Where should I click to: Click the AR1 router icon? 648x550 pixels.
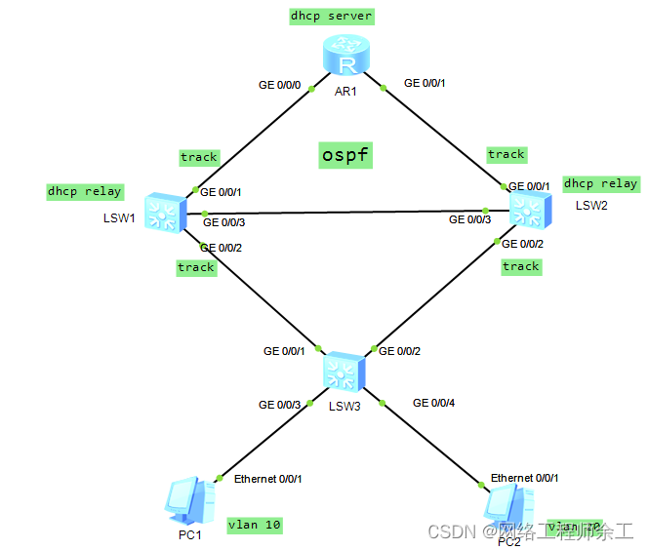tap(345, 61)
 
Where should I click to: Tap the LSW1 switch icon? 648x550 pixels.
tap(159, 212)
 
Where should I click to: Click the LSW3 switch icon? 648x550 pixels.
tap(344, 372)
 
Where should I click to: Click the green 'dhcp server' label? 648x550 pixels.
tap(331, 17)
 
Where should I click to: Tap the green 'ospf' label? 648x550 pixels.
tap(345, 154)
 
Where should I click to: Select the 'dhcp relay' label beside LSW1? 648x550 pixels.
tap(84, 191)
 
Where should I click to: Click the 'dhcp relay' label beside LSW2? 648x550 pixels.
tap(600, 183)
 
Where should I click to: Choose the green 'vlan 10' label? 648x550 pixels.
tap(254, 525)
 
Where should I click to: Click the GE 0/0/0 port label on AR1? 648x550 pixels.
tap(279, 85)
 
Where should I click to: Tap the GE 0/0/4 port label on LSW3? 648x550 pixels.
tap(434, 402)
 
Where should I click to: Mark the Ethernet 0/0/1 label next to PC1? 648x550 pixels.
tap(268, 479)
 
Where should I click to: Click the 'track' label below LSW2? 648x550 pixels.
tap(520, 265)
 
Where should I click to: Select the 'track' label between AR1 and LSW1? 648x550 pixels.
tap(199, 156)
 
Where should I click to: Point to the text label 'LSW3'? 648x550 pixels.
tap(344, 406)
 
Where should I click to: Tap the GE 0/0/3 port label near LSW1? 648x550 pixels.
tap(223, 222)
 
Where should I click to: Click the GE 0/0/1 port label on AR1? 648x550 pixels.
tap(425, 83)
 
